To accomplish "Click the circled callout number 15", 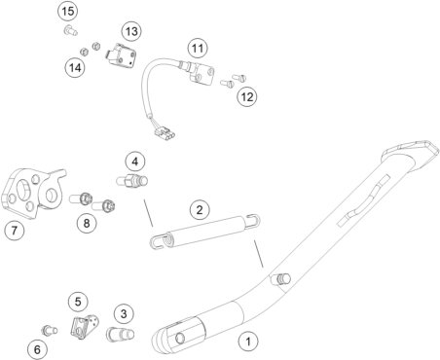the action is point(68,12).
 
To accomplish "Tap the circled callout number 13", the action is point(131,31).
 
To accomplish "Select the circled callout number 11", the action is point(198,49).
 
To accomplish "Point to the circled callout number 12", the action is point(247,96).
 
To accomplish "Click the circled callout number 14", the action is point(75,68).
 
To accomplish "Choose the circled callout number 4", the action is point(135,162).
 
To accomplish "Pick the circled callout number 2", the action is point(200,209).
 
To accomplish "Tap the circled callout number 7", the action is point(15,231).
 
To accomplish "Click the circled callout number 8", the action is point(87,223).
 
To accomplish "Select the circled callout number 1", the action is point(248,342).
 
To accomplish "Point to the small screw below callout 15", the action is point(70,31).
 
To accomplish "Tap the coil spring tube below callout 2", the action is point(205,232).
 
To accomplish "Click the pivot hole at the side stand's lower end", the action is point(179,339).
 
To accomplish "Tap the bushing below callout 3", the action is point(120,334).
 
